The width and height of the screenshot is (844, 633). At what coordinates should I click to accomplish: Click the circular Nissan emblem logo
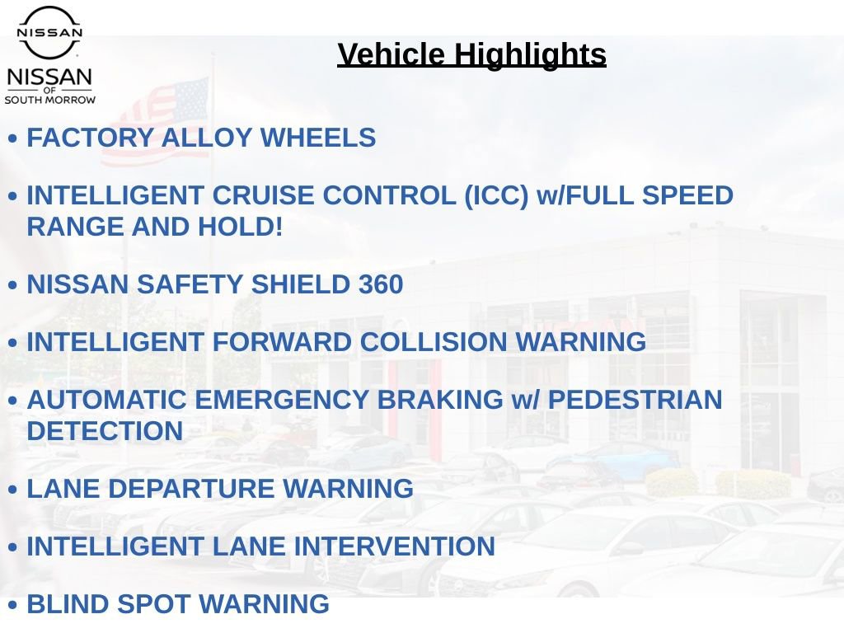[x=49, y=32]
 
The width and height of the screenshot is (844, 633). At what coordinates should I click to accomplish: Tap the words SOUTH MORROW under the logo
[x=50, y=100]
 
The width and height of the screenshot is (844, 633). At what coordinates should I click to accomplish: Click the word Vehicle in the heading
[x=392, y=54]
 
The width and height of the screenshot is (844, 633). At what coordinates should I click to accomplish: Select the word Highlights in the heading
[x=530, y=55]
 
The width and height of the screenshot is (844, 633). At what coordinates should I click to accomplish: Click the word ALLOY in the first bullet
[x=207, y=138]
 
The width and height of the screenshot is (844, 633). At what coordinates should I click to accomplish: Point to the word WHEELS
[x=318, y=138]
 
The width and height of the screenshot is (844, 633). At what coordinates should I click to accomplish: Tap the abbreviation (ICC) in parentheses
[x=497, y=195]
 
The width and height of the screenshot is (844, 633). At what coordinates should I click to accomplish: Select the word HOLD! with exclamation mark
[x=240, y=227]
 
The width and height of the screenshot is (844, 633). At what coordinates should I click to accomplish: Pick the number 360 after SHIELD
[x=381, y=284]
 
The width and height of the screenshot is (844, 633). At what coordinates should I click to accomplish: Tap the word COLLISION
[x=434, y=342]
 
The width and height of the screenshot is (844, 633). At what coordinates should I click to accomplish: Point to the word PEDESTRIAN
[x=635, y=400]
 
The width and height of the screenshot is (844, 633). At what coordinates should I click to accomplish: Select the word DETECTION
[x=105, y=431]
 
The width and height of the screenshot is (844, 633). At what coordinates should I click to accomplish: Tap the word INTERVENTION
[x=395, y=546]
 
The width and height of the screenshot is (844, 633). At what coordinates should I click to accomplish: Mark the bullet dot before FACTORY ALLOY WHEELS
[x=13, y=138]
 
